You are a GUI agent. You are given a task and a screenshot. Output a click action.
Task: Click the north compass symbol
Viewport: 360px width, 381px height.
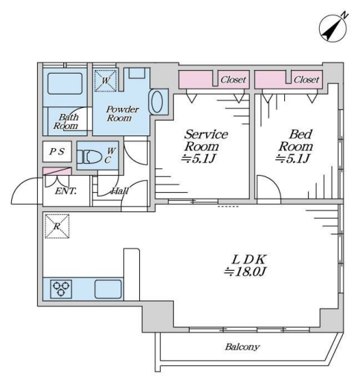point(333,28)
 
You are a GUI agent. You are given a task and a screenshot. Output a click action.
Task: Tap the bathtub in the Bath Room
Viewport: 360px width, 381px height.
point(65,83)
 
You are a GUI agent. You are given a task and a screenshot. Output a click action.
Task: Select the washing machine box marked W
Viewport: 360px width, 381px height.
point(106,80)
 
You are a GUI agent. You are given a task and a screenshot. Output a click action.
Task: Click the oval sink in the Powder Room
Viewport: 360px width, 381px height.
point(157,102)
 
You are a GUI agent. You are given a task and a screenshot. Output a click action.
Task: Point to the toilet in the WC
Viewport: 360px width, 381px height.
point(90,157)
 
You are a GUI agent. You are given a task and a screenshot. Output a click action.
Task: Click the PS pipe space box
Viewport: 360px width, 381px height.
point(57,151)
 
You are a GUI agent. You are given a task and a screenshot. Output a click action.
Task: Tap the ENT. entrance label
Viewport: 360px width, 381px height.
point(65,191)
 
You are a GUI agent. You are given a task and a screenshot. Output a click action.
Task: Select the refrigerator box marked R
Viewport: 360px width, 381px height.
point(57,226)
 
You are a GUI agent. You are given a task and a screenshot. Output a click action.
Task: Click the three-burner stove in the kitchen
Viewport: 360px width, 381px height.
point(61,289)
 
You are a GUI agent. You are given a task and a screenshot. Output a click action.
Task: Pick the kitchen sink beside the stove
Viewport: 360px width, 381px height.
point(109,289)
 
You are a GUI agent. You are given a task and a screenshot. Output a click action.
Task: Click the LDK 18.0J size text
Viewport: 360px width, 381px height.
point(245,272)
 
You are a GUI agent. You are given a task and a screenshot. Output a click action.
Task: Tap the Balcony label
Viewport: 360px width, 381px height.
point(242,347)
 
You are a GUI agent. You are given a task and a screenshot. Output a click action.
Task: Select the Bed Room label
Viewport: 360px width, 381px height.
point(296,140)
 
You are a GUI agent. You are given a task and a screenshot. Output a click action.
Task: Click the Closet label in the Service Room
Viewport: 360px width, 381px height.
point(234,80)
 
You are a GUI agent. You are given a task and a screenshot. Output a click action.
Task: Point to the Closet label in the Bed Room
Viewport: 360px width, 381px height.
point(306,80)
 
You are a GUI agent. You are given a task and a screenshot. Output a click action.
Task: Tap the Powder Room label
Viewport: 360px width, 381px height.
point(123,114)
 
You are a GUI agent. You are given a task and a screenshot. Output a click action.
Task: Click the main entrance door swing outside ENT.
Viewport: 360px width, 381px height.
point(21,185)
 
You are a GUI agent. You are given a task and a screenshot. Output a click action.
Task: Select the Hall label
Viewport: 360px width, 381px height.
point(120,190)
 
